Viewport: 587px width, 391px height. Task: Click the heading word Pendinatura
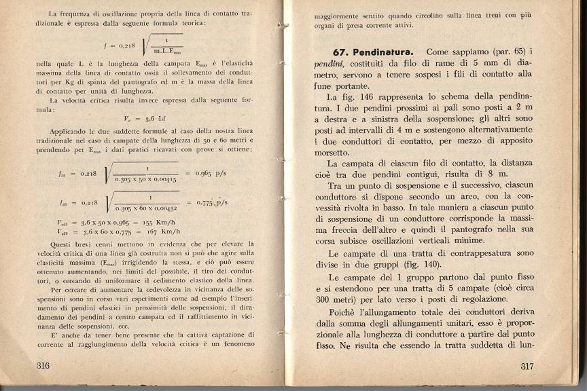click(383, 52)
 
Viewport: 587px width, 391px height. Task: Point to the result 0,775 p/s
click(212, 202)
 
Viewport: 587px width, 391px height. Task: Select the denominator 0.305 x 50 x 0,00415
click(145, 179)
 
